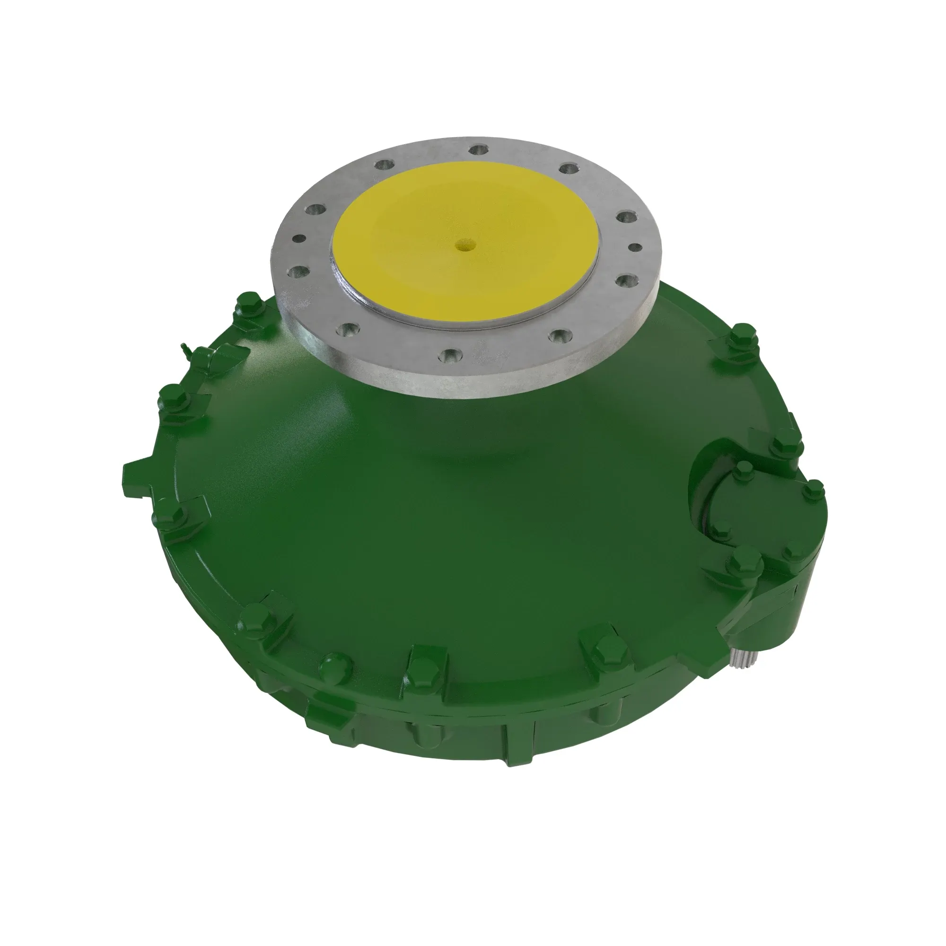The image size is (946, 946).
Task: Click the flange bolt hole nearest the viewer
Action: pyautogui.click(x=448, y=357)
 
